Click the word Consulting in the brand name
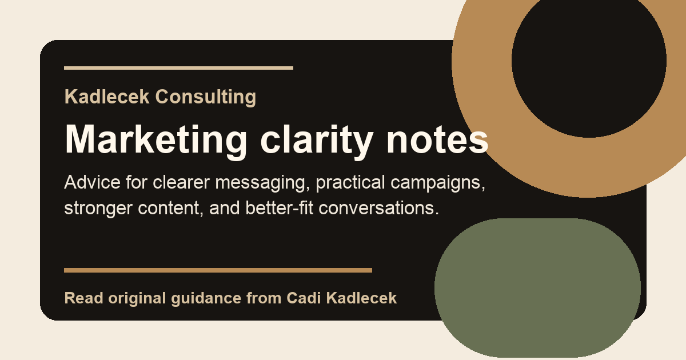[x=205, y=97]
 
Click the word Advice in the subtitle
[x=92, y=182]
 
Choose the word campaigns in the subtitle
[x=438, y=183]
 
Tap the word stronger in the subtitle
[x=98, y=209]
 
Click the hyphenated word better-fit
[x=280, y=207]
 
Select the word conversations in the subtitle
[x=379, y=208]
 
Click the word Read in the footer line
[x=83, y=298]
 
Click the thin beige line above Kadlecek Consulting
[x=178, y=68]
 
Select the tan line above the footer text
[x=218, y=270]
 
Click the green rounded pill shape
[x=537, y=288]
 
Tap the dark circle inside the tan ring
[x=589, y=61]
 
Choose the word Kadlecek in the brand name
[x=107, y=97]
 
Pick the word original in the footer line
[x=137, y=299]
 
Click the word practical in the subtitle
[x=350, y=183]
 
